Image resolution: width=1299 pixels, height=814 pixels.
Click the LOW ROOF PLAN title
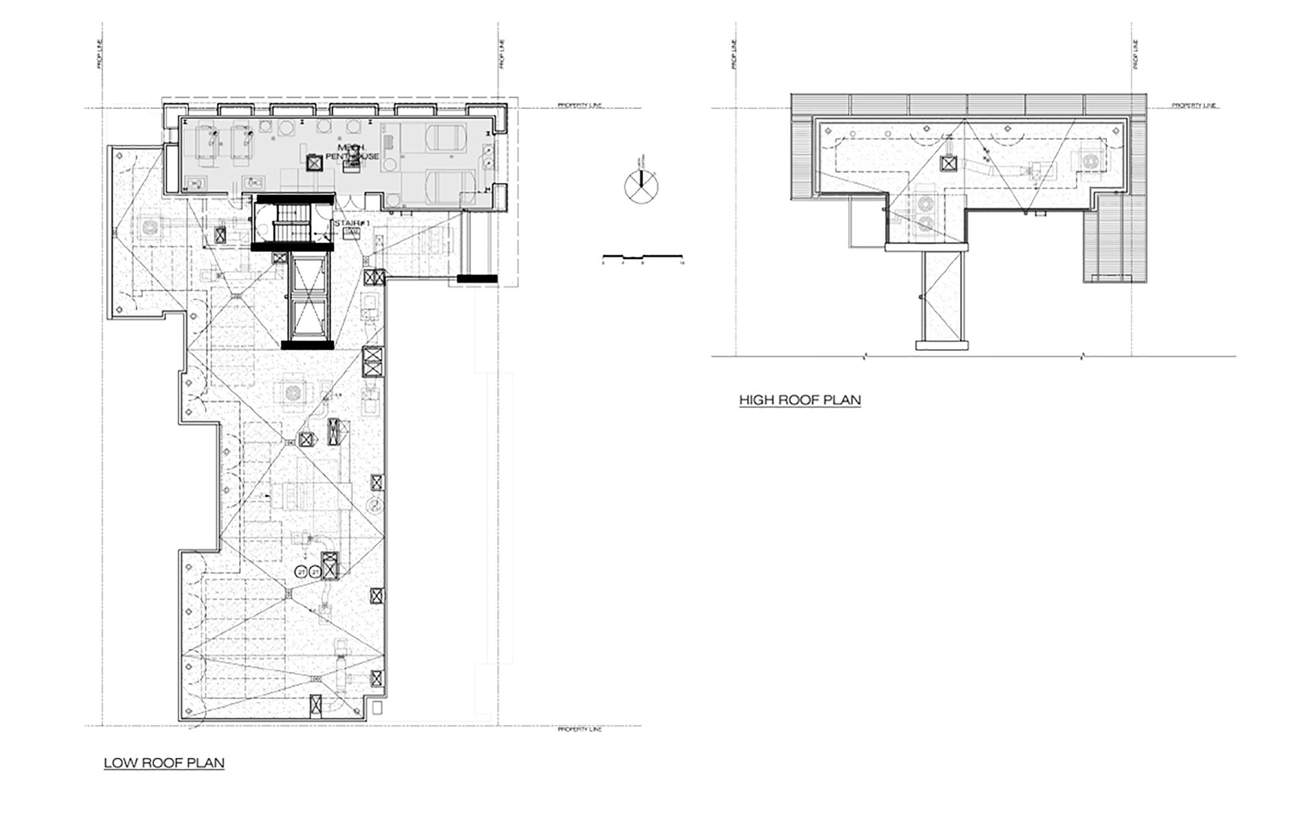coord(164,763)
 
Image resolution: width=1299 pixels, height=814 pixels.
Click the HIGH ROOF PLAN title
coord(800,400)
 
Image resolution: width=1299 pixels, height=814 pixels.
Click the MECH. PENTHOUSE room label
coord(352,152)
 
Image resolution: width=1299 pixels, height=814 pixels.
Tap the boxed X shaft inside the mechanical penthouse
coord(314,163)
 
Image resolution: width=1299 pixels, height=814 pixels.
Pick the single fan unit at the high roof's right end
coord(1092,160)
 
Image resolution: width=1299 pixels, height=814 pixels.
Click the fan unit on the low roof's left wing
coord(151,227)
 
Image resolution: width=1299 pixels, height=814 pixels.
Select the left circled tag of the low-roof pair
coord(301,572)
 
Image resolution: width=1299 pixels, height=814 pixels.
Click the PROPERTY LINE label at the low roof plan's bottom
coord(579,730)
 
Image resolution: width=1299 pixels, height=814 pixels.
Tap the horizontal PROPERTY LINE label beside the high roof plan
coord(1194,105)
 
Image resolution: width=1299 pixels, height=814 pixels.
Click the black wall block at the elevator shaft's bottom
coord(307,345)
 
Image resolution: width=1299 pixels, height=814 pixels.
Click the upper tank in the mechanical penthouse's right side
coord(449,137)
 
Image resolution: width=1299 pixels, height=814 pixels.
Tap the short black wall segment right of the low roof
coord(477,279)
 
